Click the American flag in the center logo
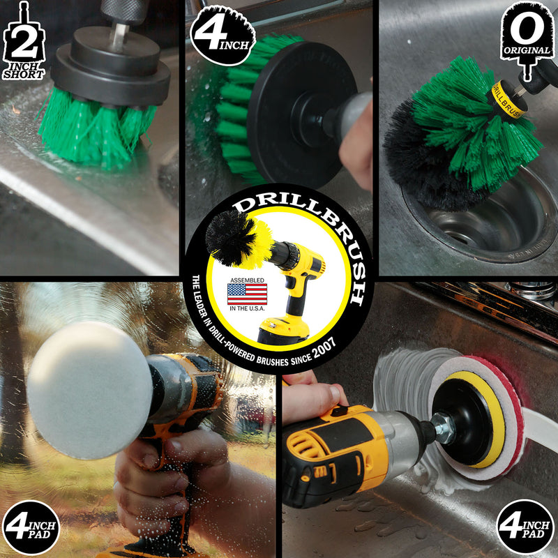[x=247, y=293]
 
